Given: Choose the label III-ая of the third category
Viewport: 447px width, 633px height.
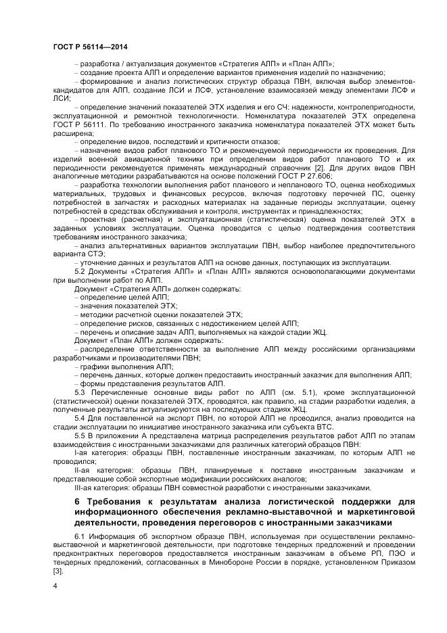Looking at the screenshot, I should pos(85,486).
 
